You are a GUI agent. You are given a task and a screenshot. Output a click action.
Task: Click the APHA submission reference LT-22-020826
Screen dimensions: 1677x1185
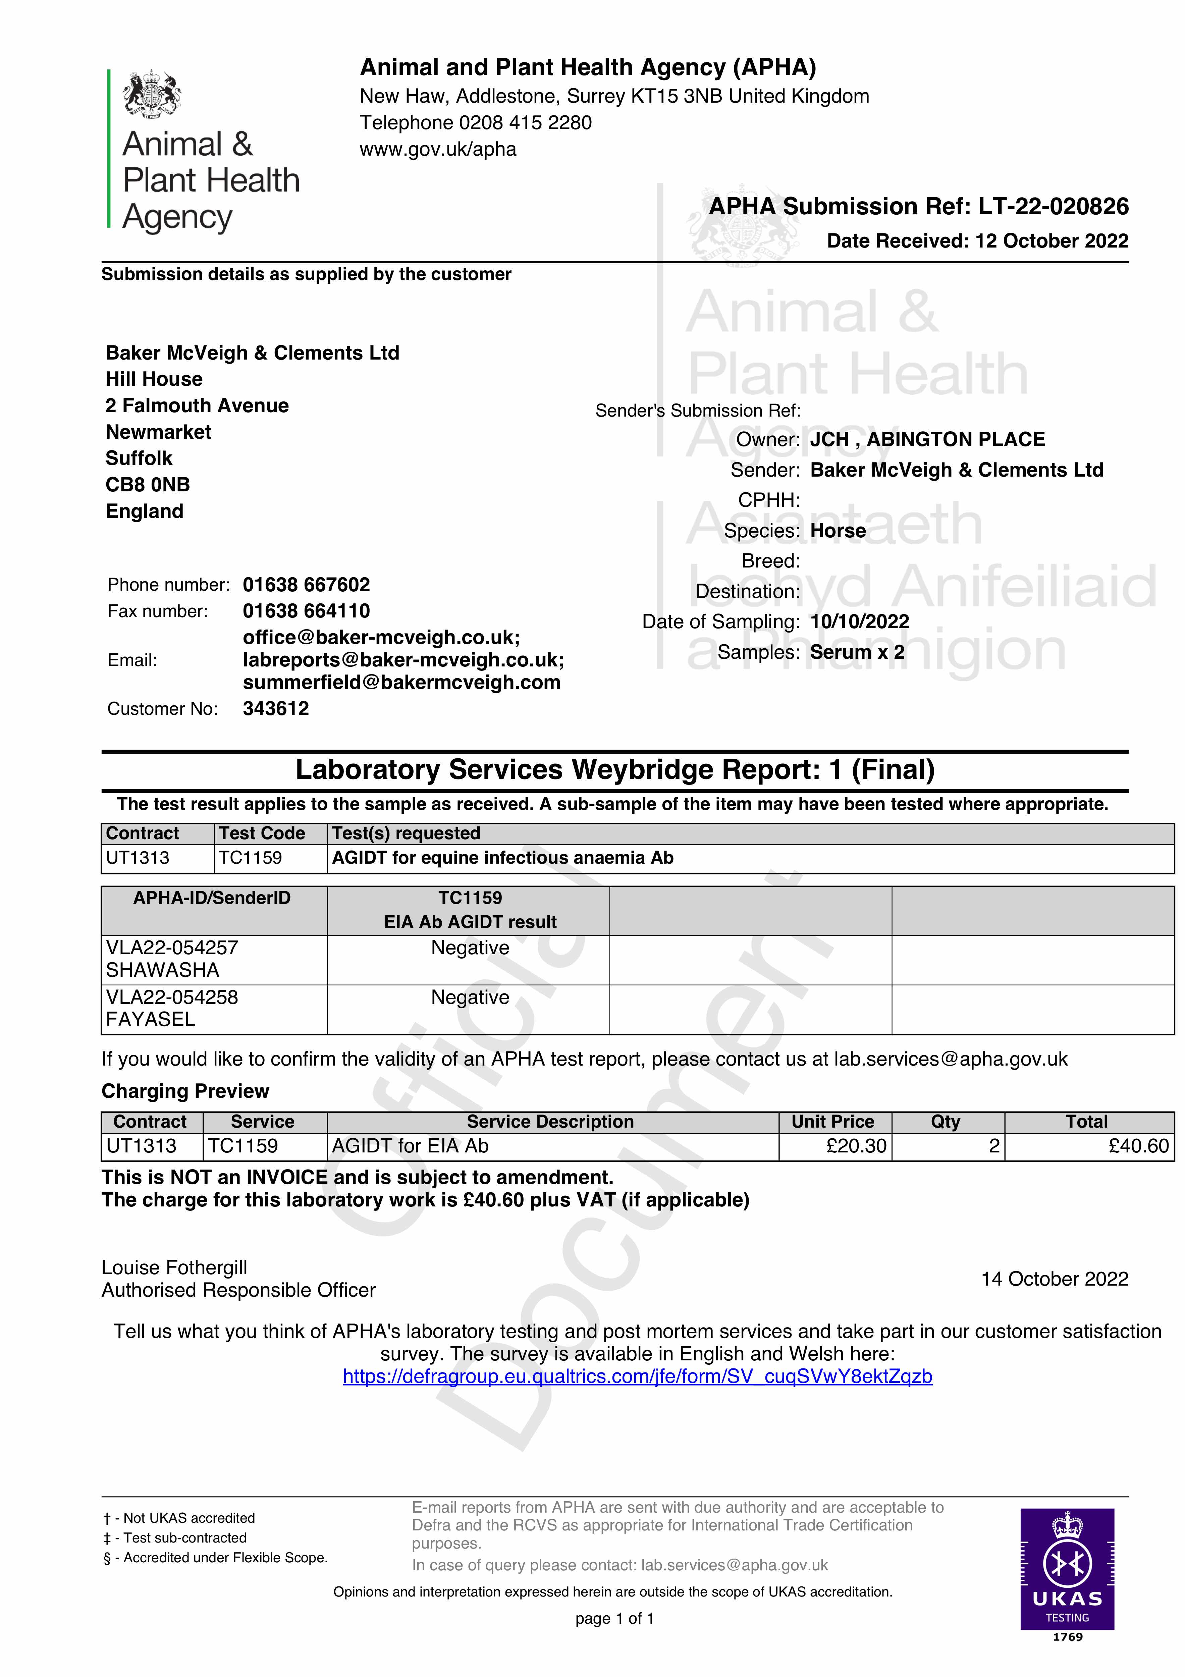click(x=1054, y=207)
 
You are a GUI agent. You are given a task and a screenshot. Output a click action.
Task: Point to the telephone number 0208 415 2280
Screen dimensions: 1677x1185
click(x=525, y=123)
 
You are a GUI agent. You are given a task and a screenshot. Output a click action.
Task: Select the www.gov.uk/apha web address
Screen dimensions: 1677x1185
click(x=438, y=150)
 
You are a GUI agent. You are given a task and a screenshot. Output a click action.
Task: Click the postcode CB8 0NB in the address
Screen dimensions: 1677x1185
click(x=148, y=485)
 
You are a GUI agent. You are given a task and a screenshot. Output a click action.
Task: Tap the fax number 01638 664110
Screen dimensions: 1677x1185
click(x=306, y=611)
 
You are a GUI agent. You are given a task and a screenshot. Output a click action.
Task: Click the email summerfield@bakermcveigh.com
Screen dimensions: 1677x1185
click(x=401, y=683)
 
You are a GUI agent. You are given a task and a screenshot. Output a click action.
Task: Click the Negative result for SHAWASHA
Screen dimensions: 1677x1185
click(x=470, y=948)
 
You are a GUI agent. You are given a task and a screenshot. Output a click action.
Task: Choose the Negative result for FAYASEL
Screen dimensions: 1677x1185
click(x=470, y=998)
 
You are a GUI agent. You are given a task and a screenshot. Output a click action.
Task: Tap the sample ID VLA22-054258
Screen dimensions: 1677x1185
click(x=172, y=998)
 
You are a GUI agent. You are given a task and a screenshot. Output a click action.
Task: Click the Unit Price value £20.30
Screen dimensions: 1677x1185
click(x=856, y=1146)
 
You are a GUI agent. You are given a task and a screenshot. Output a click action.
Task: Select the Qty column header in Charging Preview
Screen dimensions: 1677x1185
click(x=946, y=1122)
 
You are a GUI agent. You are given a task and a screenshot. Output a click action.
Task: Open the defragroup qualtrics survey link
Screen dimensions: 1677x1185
click(x=637, y=1377)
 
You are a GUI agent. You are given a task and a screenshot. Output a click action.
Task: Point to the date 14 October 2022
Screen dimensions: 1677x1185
click(x=1054, y=1279)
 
